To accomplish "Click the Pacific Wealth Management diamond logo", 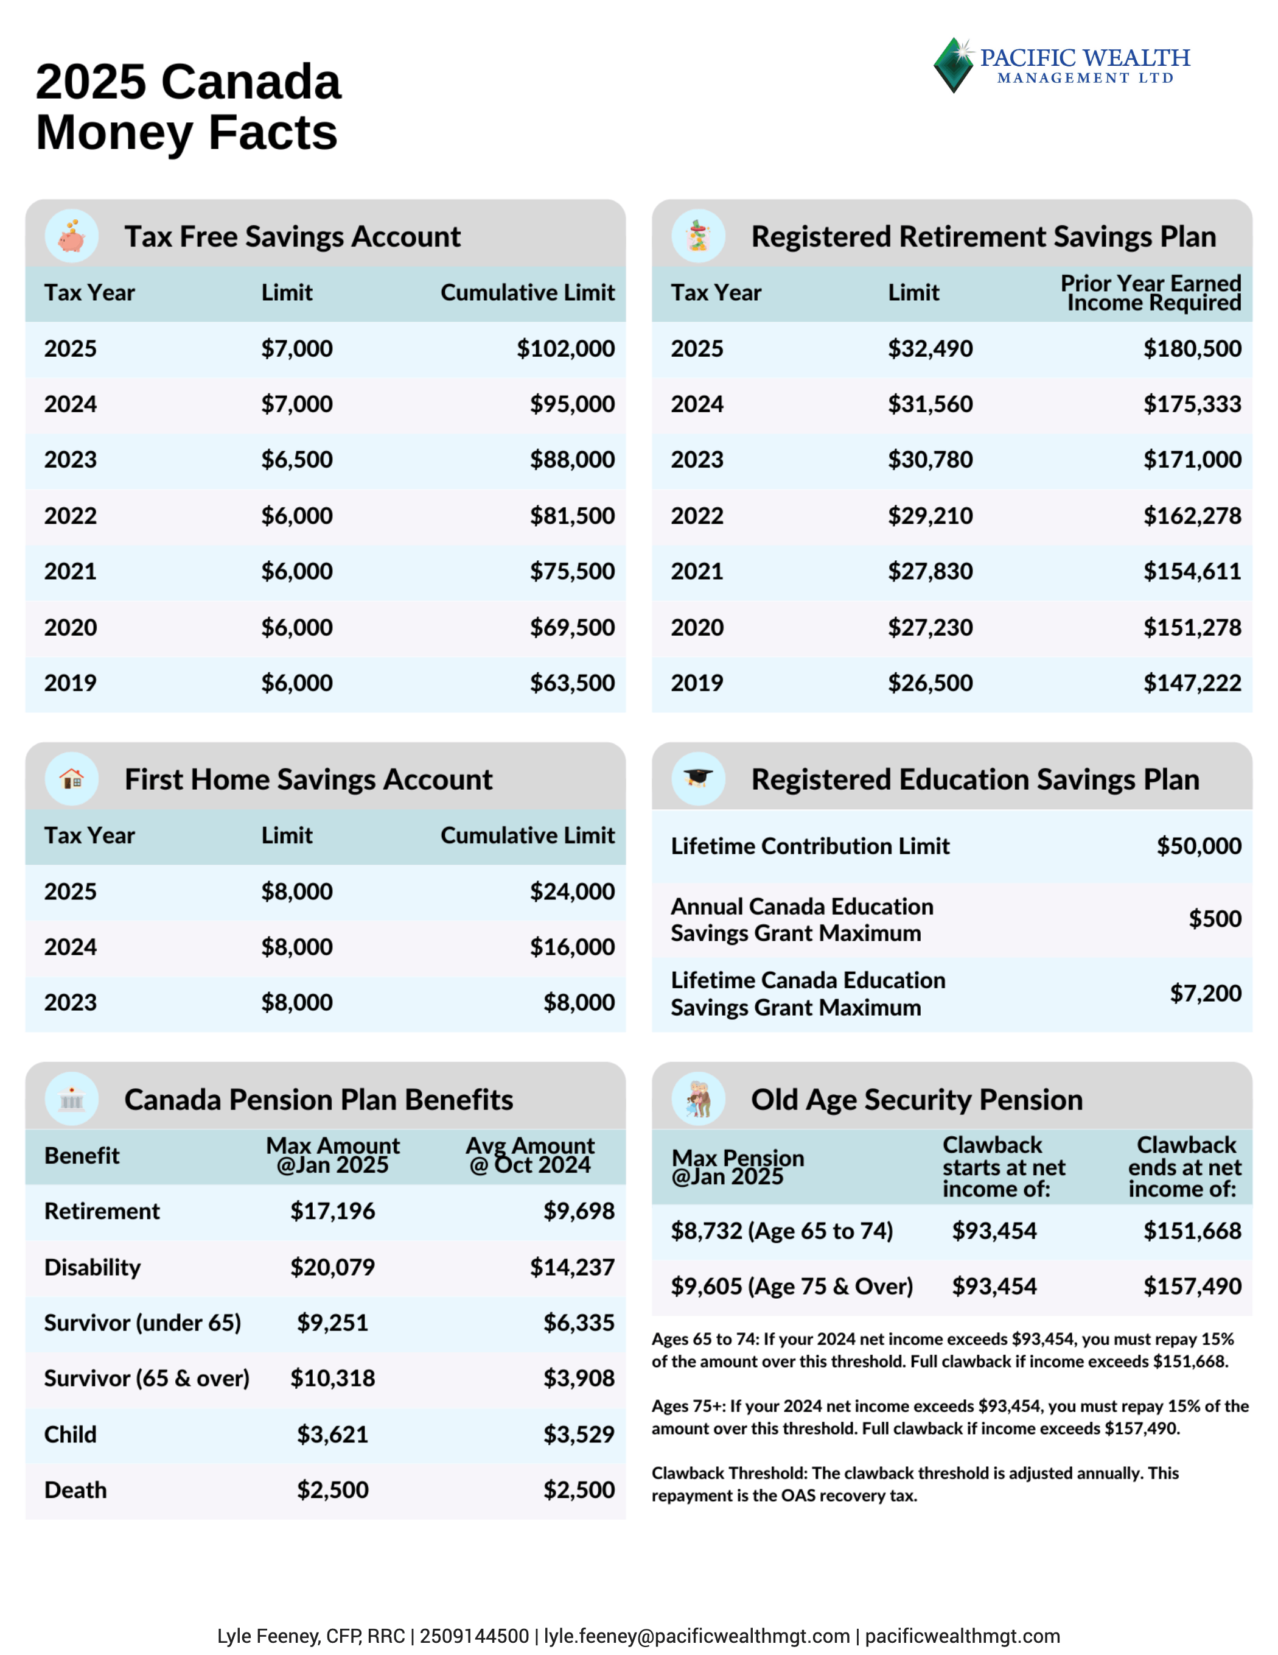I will tap(953, 65).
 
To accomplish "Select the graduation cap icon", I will tap(697, 779).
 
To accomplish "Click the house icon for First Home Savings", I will tap(72, 779).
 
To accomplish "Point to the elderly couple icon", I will tap(697, 1100).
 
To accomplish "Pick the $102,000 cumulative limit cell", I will tap(565, 348).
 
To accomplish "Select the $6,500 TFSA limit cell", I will tap(296, 460).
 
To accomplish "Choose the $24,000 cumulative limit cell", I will tap(572, 892).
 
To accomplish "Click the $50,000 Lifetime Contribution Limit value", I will tap(1198, 846).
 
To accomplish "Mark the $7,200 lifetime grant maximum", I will tap(1205, 994).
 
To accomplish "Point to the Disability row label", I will tap(93, 1268).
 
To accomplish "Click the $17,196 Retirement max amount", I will tap(332, 1212).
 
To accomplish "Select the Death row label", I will tap(75, 1491).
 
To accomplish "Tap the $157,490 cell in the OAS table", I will tap(1192, 1287).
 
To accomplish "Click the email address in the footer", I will tap(696, 1636).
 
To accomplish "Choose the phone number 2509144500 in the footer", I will tap(474, 1636).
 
